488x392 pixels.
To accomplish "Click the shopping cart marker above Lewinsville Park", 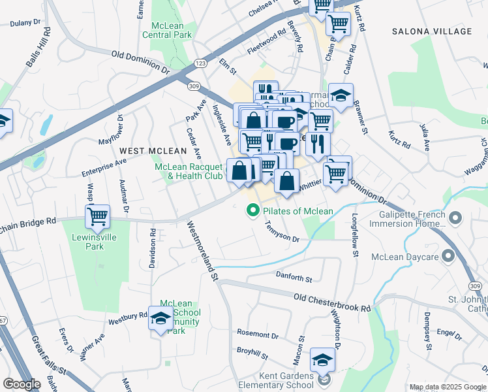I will [97, 215].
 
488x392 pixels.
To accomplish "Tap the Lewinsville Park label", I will [95, 242].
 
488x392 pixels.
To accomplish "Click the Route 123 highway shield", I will [201, 63].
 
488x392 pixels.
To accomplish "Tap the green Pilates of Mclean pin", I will [251, 210].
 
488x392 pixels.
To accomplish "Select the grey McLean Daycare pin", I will [448, 255].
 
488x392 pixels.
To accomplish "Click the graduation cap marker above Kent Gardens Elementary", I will [322, 361].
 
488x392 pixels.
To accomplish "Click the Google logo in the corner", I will [22, 384].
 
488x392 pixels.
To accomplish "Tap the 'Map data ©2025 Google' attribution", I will [447, 387].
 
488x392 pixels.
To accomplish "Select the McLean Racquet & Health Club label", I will [189, 171].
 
